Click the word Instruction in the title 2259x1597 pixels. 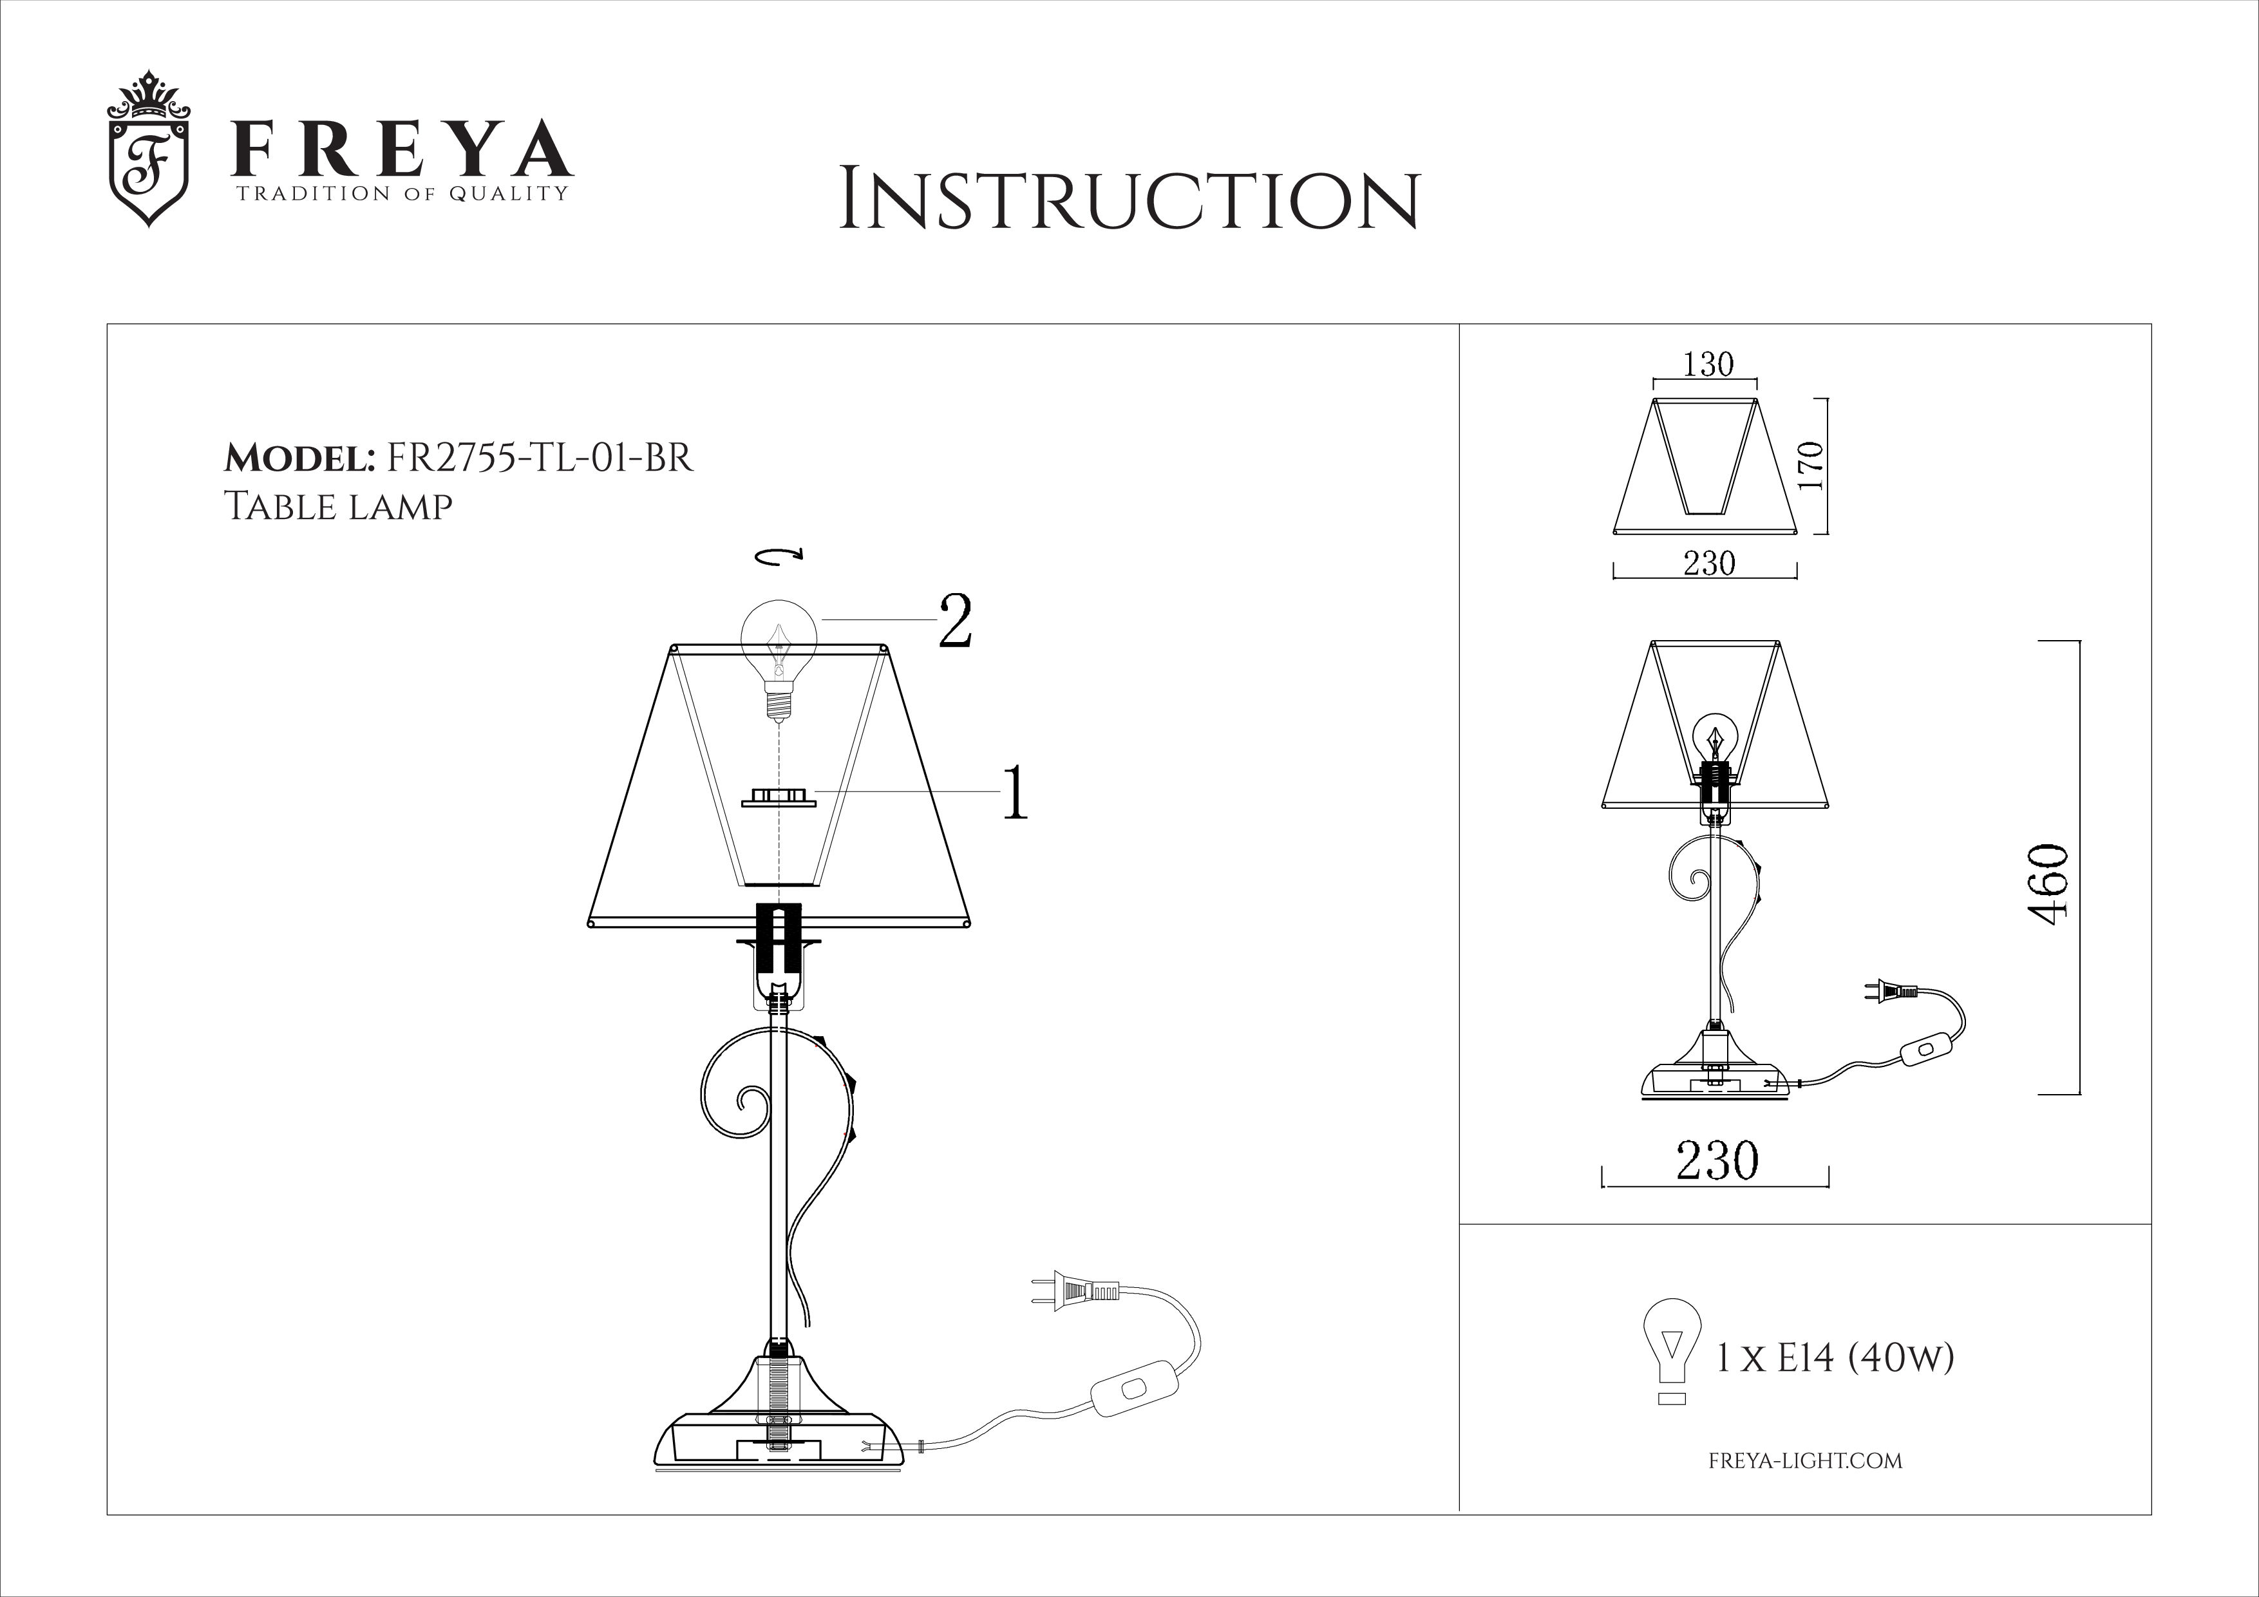pyautogui.click(x=1129, y=201)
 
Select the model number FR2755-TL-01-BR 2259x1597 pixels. pyautogui.click(x=541, y=458)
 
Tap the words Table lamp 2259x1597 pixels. pyautogui.click(x=339, y=506)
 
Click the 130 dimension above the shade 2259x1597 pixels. pyautogui.click(x=1707, y=364)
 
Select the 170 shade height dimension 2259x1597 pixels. pyautogui.click(x=1810, y=466)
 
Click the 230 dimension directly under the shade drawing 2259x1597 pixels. pyautogui.click(x=1709, y=564)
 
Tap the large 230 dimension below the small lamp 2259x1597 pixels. pyautogui.click(x=1717, y=1161)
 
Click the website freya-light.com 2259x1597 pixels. pyautogui.click(x=1806, y=1461)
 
